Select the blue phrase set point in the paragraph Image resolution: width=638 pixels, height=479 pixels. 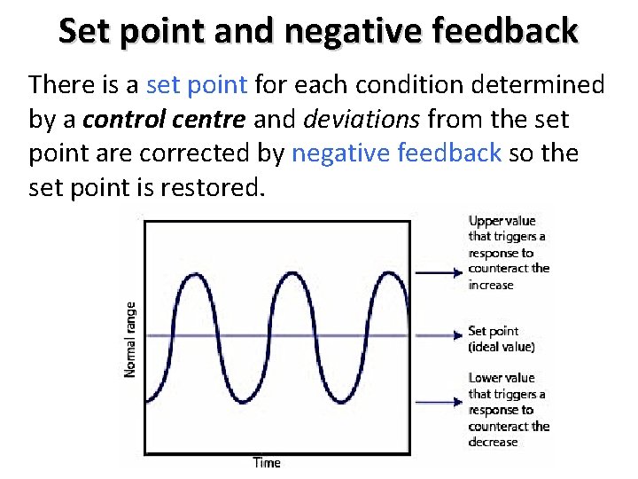[x=197, y=85]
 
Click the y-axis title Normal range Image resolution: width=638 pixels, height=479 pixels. [x=131, y=339]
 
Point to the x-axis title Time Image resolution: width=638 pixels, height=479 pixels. [x=267, y=462]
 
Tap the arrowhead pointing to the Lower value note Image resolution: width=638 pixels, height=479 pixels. [x=458, y=403]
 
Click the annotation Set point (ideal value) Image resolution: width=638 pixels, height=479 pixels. [x=501, y=339]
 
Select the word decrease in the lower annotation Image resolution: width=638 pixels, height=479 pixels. [x=493, y=442]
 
